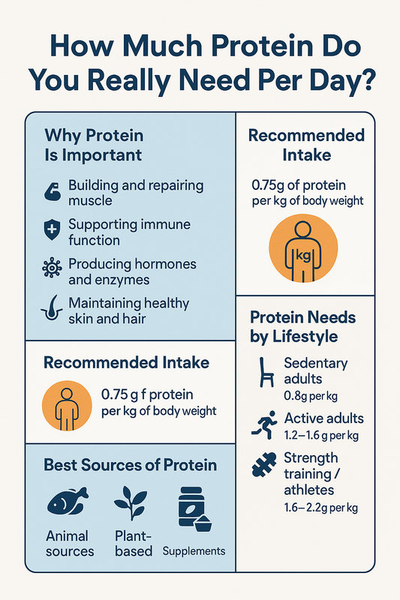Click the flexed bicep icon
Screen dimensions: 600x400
[x=51, y=193]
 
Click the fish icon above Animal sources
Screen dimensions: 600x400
[x=68, y=502]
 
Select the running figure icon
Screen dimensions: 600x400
[x=264, y=425]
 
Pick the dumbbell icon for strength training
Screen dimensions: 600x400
[x=264, y=466]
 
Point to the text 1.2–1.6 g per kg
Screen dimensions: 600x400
[x=320, y=434]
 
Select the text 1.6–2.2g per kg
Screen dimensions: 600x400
[x=321, y=508]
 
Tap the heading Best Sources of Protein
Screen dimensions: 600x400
[x=130, y=465]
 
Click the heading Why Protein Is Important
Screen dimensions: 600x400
[x=94, y=146]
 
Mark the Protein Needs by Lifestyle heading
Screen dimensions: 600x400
[x=304, y=326]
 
